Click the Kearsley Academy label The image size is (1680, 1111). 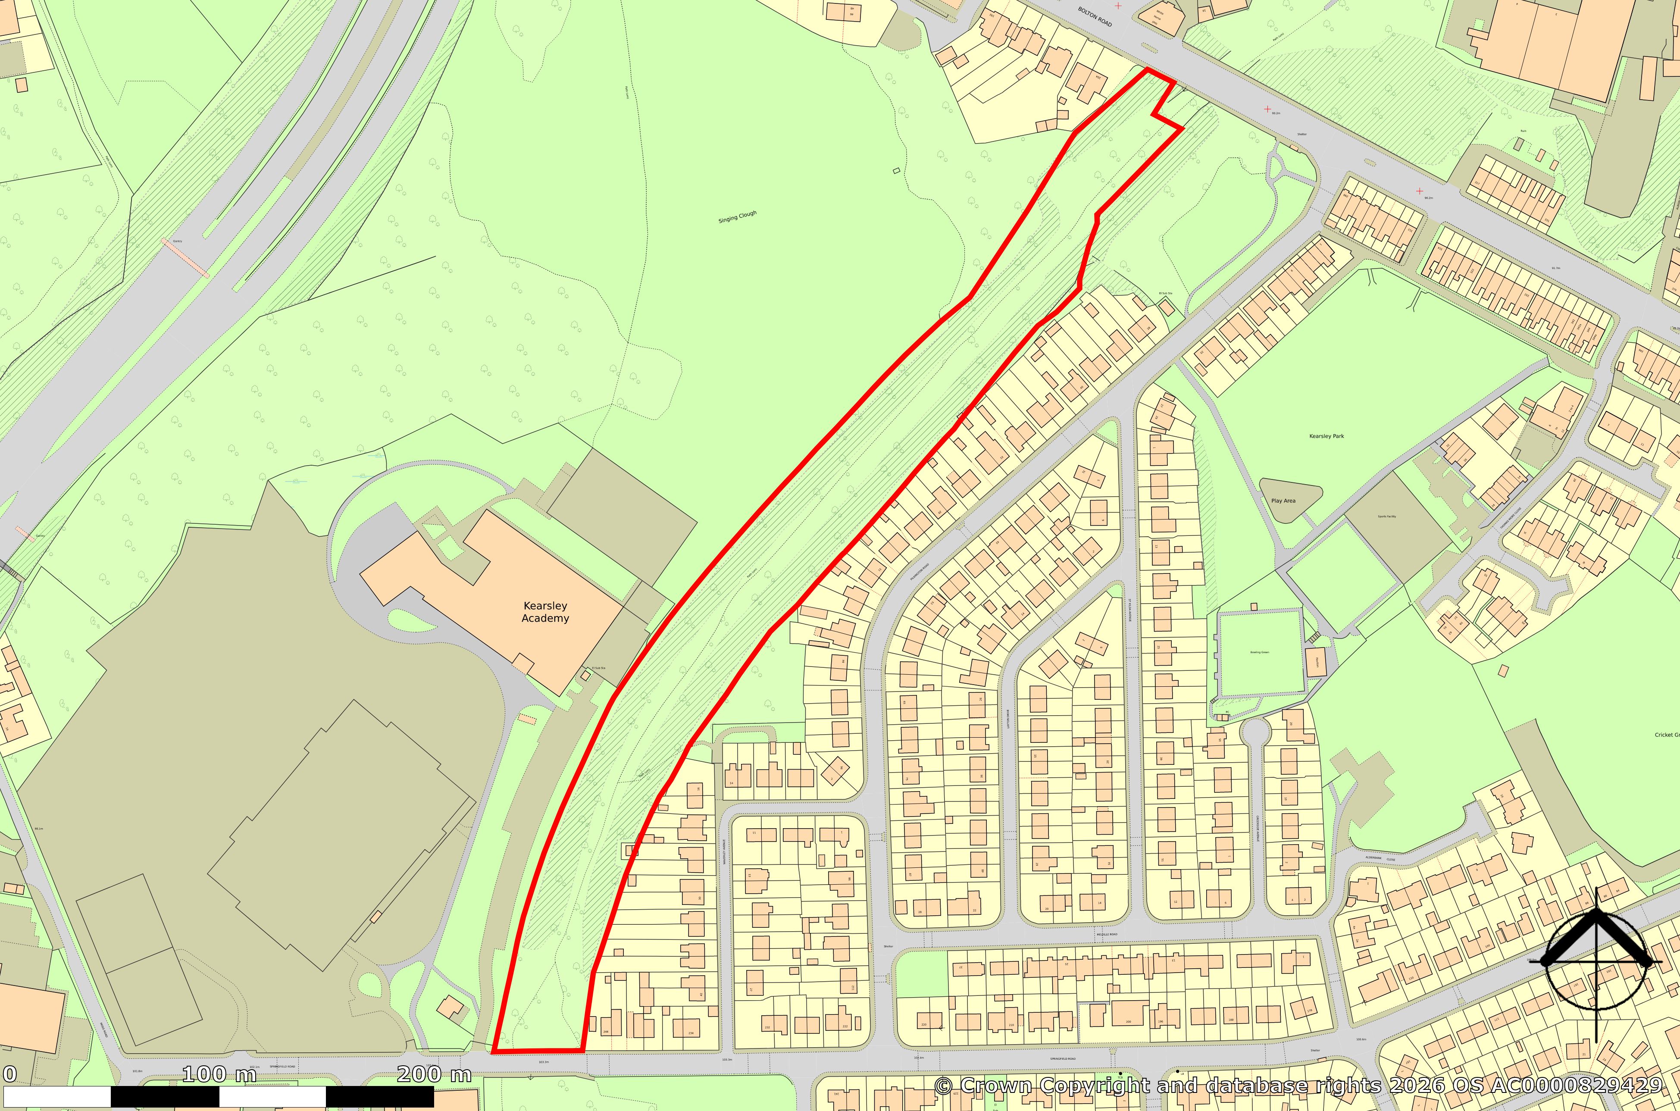point(545,611)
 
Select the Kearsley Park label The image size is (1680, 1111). point(1326,436)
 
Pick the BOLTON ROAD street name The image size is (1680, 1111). point(1095,17)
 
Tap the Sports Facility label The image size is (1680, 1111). point(1387,516)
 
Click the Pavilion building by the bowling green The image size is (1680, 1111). point(1316,662)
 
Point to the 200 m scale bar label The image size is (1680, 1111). point(434,1075)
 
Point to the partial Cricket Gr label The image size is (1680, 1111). point(1667,735)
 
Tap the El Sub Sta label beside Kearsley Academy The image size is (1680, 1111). point(599,668)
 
